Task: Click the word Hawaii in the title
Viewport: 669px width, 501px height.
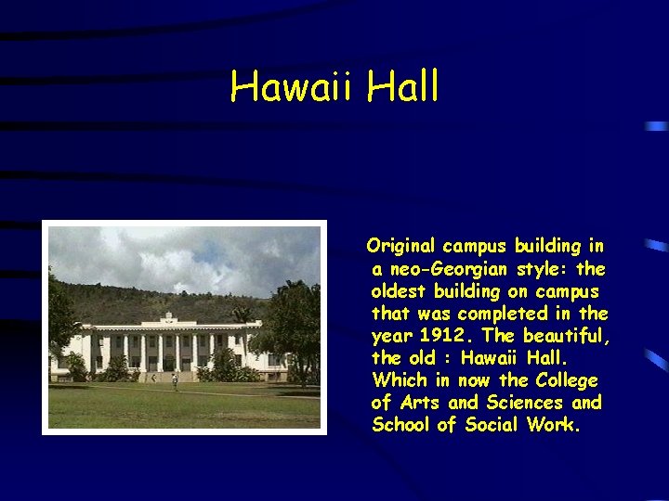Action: click(x=293, y=88)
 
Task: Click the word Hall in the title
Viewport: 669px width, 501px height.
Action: click(x=402, y=88)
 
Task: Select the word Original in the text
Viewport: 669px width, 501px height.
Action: click(x=401, y=247)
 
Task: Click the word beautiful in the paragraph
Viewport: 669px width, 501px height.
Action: click(x=566, y=336)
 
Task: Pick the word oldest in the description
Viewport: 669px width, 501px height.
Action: click(x=400, y=291)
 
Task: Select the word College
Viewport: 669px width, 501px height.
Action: click(x=566, y=380)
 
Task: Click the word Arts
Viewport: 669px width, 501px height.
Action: click(x=420, y=403)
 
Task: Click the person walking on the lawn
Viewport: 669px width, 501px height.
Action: click(x=175, y=379)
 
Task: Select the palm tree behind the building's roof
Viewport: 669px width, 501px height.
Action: click(x=243, y=314)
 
